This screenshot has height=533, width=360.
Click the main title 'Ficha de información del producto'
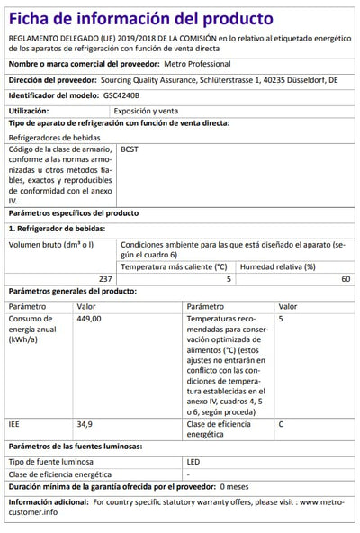140,17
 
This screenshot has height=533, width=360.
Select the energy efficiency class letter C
282,423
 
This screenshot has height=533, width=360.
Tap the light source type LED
192,462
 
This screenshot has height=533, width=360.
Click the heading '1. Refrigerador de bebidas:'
60,230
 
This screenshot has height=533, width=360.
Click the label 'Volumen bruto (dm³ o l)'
50,245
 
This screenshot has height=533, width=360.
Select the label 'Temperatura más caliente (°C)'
174,266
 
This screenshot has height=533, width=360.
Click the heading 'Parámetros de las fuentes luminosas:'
75,447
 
